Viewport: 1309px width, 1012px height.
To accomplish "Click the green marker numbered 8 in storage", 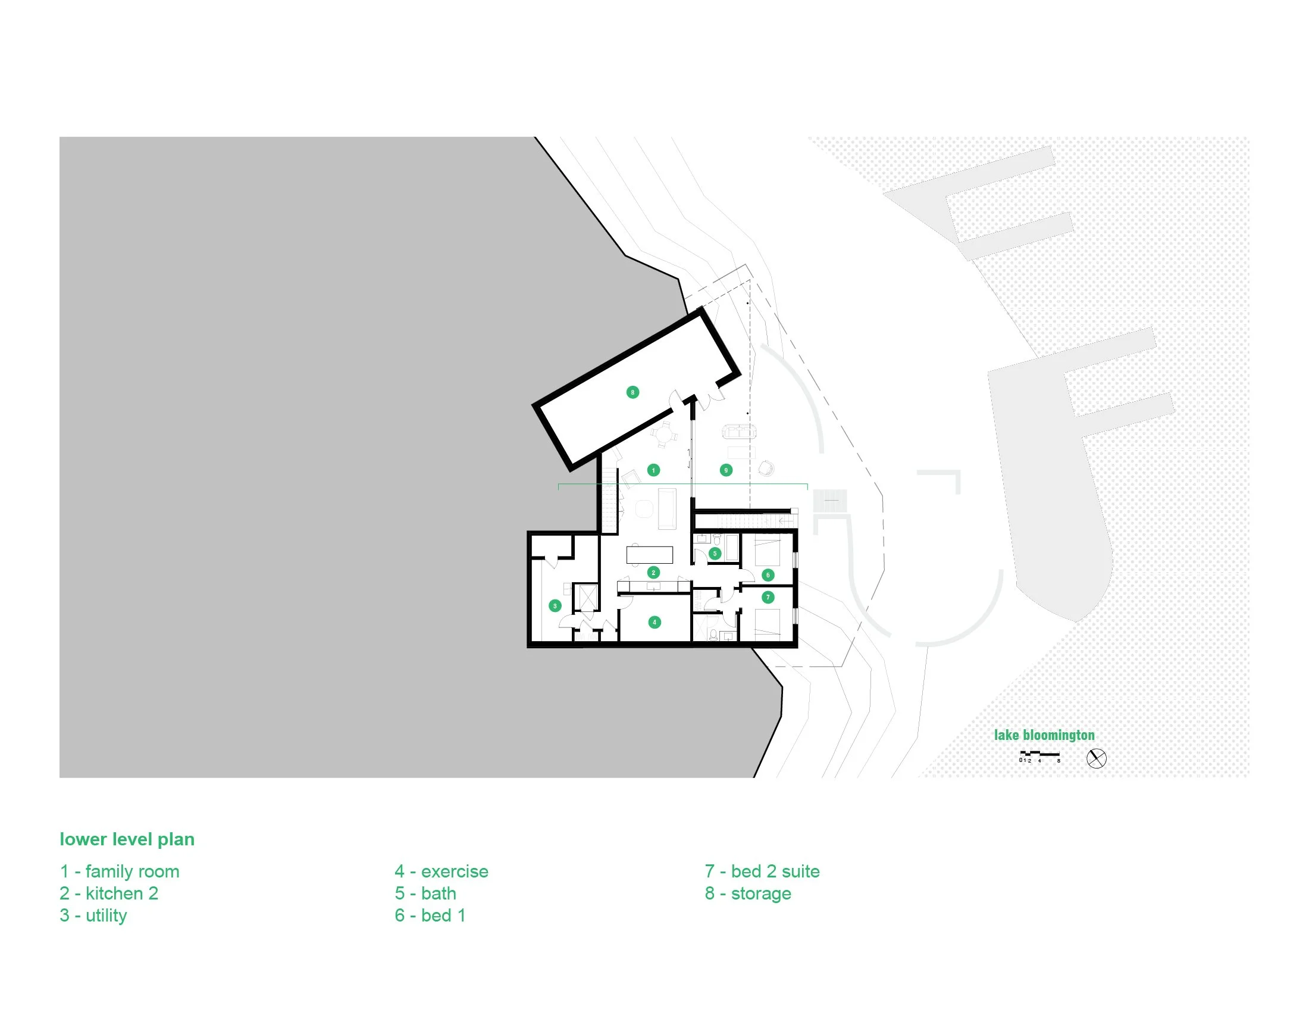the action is coord(632,392).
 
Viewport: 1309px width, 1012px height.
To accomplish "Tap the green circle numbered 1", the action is coord(653,470).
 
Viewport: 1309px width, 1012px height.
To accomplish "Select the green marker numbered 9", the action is coord(726,470).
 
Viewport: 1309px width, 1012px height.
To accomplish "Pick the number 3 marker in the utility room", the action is coord(555,606).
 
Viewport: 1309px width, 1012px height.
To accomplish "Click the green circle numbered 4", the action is coord(654,622).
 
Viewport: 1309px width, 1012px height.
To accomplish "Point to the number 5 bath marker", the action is coord(715,554).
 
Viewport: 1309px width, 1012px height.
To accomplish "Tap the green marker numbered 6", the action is coord(768,575).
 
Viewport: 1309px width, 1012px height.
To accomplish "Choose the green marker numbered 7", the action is coord(768,597).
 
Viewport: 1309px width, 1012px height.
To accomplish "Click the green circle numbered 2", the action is coord(653,573).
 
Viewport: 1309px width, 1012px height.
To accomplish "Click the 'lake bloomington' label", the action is coord(1044,735).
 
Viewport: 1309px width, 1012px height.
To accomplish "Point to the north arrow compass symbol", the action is coord(1096,758).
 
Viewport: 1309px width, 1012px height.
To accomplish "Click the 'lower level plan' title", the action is coord(127,839).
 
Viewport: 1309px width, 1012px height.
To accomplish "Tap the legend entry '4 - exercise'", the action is coord(441,871).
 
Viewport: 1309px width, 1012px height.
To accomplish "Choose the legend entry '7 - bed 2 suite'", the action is coord(762,871).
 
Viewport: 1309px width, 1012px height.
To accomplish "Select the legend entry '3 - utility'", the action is coord(93,916).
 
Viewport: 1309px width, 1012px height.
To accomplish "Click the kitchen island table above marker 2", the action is coord(650,555).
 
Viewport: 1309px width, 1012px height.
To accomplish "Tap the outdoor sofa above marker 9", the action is coord(740,431).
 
